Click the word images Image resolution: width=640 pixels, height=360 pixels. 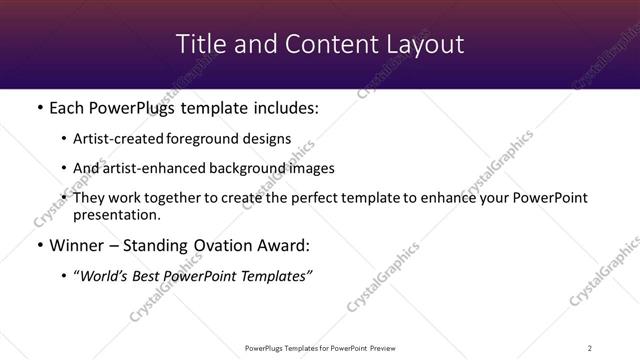tap(310, 168)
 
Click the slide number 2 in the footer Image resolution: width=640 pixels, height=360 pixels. tap(589, 348)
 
